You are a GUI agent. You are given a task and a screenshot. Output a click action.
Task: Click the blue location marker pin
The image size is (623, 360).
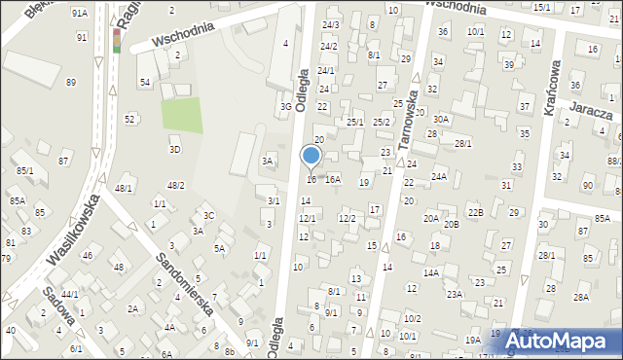311,157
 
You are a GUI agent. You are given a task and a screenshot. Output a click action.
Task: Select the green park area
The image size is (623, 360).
182,116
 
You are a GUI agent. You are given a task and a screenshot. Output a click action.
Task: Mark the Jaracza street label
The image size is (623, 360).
592,113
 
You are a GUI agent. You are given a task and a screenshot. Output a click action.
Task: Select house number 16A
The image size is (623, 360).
333,179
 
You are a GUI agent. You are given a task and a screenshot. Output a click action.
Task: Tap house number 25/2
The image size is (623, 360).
382,122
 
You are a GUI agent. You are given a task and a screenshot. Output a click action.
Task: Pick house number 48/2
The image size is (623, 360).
175,185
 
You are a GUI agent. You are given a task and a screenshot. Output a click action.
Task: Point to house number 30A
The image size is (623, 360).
441,119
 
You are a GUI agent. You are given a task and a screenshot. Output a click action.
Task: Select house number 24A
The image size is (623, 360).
439,176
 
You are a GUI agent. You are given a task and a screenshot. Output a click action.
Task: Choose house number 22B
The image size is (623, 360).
474,212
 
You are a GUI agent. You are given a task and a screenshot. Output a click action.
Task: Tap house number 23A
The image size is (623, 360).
455,293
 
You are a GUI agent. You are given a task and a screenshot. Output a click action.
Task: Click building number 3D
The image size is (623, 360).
174,149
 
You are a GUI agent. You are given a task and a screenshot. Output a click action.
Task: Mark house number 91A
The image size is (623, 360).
80,13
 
